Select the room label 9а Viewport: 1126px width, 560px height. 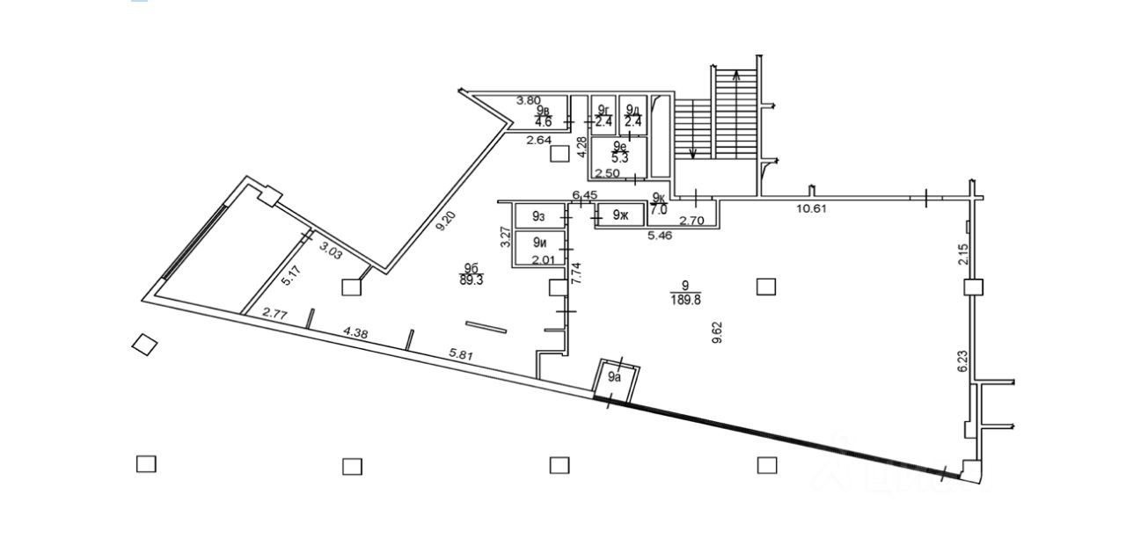pos(616,377)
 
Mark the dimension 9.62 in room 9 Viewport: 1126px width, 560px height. pos(717,331)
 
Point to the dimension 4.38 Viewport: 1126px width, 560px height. pos(355,332)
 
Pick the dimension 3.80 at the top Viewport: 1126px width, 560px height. pos(528,100)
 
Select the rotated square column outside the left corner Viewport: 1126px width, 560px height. pos(144,345)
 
